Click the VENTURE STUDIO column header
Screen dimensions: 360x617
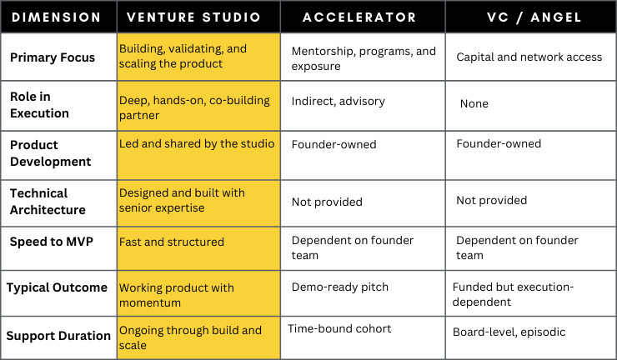click(x=194, y=17)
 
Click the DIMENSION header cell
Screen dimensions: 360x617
click(x=58, y=17)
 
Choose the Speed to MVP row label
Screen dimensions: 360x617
click(x=50, y=242)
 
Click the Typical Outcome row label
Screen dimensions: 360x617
click(x=58, y=287)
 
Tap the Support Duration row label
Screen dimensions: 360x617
click(x=58, y=336)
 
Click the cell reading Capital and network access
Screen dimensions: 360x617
click(x=529, y=57)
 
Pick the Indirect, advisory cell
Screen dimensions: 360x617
click(x=338, y=102)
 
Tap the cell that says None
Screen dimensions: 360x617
click(x=474, y=104)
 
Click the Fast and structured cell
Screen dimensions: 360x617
click(x=172, y=242)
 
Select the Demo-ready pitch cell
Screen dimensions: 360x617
click(x=339, y=286)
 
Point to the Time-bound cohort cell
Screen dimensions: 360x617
click(x=339, y=329)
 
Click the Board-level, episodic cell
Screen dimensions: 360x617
click(x=509, y=332)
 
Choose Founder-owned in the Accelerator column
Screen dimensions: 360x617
click(x=334, y=145)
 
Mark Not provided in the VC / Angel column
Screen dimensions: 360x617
click(x=492, y=201)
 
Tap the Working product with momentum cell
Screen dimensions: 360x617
click(x=177, y=294)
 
